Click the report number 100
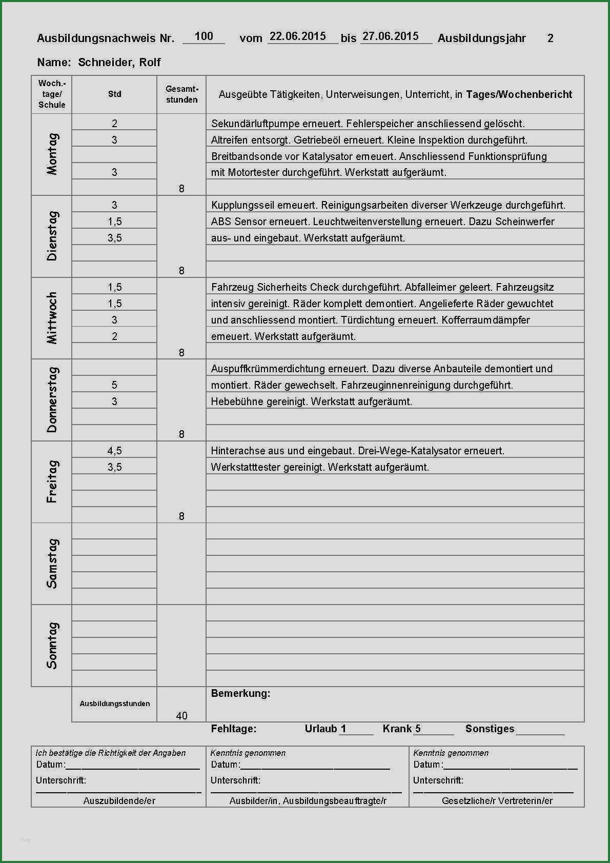204,36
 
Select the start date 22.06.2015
298,36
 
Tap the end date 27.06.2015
391,36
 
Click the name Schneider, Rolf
119,63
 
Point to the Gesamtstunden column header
181,94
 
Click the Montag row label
52,154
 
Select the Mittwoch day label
52,318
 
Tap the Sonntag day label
52,645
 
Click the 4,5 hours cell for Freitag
114,451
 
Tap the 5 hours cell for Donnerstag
114,385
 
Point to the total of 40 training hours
181,715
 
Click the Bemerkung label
240,693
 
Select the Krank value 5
418,729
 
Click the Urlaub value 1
343,729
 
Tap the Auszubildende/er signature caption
119,800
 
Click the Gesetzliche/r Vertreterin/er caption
497,800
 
